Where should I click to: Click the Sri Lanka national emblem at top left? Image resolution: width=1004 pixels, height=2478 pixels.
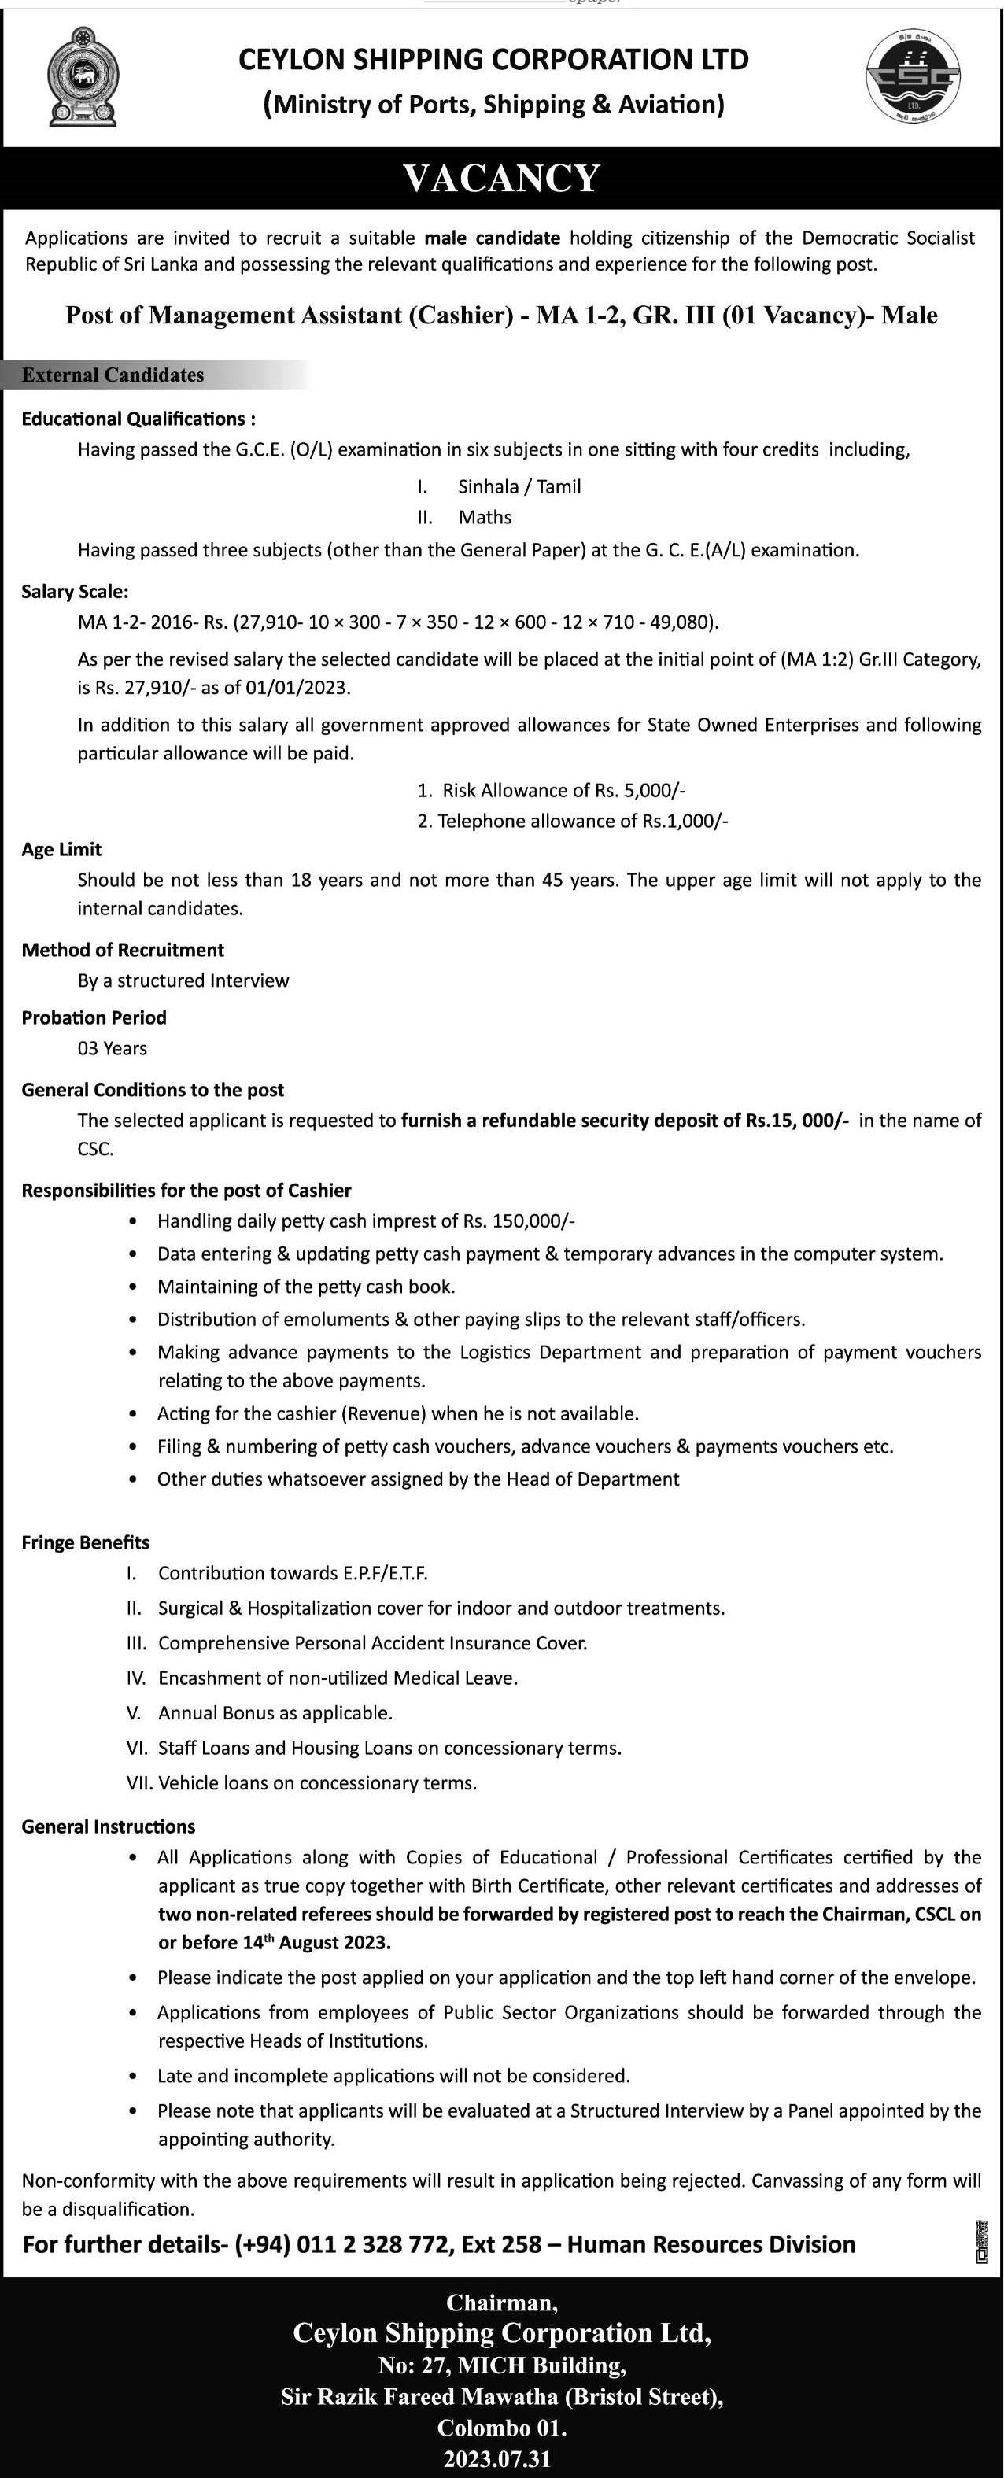click(83, 77)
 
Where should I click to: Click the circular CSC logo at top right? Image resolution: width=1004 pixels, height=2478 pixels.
click(912, 77)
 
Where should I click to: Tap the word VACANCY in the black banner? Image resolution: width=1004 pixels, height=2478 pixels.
click(502, 179)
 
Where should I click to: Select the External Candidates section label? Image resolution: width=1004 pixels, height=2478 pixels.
click(113, 375)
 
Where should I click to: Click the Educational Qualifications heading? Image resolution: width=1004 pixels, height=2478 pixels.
click(138, 419)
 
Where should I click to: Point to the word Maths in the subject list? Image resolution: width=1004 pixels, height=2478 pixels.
click(485, 518)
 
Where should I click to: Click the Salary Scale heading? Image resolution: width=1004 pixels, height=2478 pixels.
click(75, 592)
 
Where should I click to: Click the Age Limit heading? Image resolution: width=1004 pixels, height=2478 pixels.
click(61, 849)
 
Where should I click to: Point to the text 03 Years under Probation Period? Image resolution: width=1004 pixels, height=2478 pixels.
click(113, 1048)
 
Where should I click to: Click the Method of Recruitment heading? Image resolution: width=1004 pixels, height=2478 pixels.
click(123, 951)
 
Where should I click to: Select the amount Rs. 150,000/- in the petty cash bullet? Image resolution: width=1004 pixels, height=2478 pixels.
click(519, 1221)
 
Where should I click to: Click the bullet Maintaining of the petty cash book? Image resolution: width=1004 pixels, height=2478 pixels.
click(306, 1287)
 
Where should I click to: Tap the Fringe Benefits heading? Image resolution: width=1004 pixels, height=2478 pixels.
click(86, 1543)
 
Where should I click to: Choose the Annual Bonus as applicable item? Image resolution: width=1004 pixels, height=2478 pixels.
click(275, 1713)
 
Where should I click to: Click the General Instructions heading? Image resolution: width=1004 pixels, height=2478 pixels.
click(109, 1826)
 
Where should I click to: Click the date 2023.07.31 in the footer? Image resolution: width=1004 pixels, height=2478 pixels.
click(497, 2459)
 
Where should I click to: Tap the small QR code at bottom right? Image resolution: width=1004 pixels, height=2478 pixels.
click(981, 2243)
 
